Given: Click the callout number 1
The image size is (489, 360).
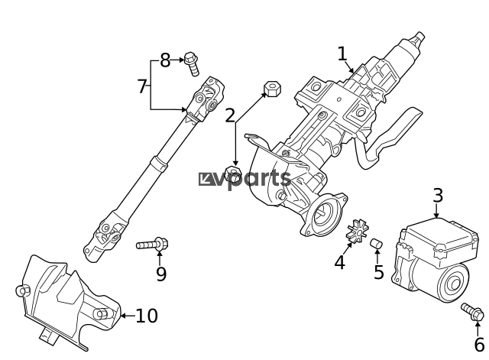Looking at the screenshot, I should (x=342, y=54).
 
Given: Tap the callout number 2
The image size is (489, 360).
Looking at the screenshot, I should (x=230, y=115).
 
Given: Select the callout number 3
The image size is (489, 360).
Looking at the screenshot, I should (x=437, y=195).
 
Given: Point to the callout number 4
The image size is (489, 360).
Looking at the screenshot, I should (x=339, y=262).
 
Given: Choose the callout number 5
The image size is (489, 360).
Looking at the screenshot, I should (x=378, y=272).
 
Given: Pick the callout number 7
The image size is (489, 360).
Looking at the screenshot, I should (x=141, y=86).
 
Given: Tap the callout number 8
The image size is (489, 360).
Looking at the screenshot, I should (x=164, y=60).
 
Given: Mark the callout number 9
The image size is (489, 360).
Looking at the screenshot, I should (x=160, y=274).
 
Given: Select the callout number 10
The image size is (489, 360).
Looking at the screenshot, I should (x=147, y=315).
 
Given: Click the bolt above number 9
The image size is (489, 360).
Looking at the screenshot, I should (x=153, y=245).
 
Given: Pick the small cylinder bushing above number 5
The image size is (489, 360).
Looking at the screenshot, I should (x=376, y=243).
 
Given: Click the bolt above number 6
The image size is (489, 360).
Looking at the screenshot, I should (x=471, y=312).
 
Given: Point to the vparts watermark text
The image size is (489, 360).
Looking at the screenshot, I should (x=244, y=179).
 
